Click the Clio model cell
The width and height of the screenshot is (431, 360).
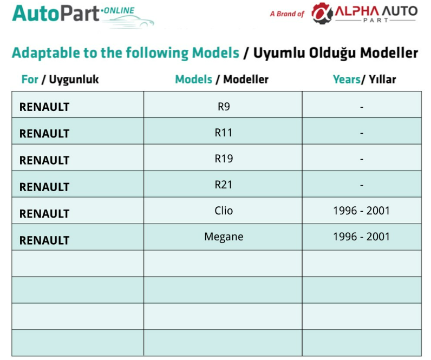coord(224,211)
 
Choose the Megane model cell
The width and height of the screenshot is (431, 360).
coord(224,237)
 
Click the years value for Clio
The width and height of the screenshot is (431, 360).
coord(362,211)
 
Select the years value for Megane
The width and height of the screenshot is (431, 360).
coord(362,237)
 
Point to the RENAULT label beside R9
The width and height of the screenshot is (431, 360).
coord(44,107)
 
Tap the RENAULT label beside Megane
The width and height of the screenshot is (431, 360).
coord(44,240)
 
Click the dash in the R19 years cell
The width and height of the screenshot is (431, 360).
coord(362,159)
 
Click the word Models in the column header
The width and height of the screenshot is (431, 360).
coord(194,80)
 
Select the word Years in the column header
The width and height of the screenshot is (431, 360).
coord(347,80)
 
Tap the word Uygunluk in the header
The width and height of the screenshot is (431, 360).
coord(74,80)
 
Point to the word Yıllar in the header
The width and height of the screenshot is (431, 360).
coord(382,80)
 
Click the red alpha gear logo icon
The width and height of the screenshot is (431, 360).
coord(322,13)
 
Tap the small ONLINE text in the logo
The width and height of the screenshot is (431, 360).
coord(118,10)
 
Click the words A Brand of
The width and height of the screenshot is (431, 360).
coord(287,14)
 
